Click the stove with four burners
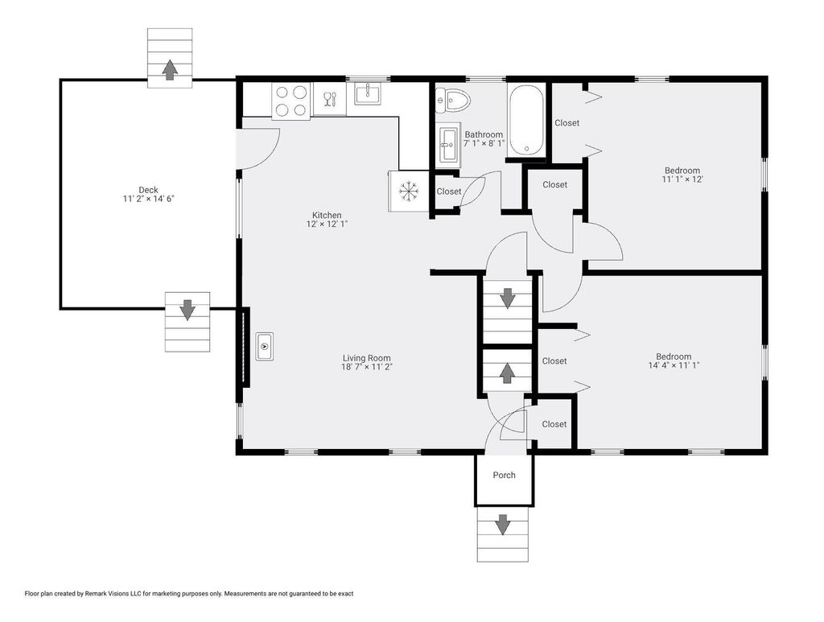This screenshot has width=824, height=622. (291, 101)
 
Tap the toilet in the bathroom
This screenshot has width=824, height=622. (452, 100)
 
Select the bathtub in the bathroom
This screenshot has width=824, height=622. (526, 120)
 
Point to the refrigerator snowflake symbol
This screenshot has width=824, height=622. (408, 192)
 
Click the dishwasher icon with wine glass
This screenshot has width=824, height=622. (329, 98)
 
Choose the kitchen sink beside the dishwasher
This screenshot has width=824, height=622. (368, 95)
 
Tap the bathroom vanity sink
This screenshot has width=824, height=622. (448, 145)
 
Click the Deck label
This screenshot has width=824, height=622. (148, 190)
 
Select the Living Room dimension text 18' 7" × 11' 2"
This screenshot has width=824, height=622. (367, 367)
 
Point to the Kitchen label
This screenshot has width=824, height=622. (327, 215)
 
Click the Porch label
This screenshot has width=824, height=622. (504, 475)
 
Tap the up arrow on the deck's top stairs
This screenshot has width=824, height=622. (169, 69)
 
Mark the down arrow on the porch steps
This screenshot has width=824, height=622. (503, 525)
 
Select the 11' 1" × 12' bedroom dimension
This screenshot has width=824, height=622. (682, 179)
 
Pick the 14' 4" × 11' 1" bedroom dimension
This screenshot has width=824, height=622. (674, 365)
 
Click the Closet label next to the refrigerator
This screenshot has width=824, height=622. (449, 192)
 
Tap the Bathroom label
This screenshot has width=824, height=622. (484, 134)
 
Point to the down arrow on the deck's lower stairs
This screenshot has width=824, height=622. (187, 310)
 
